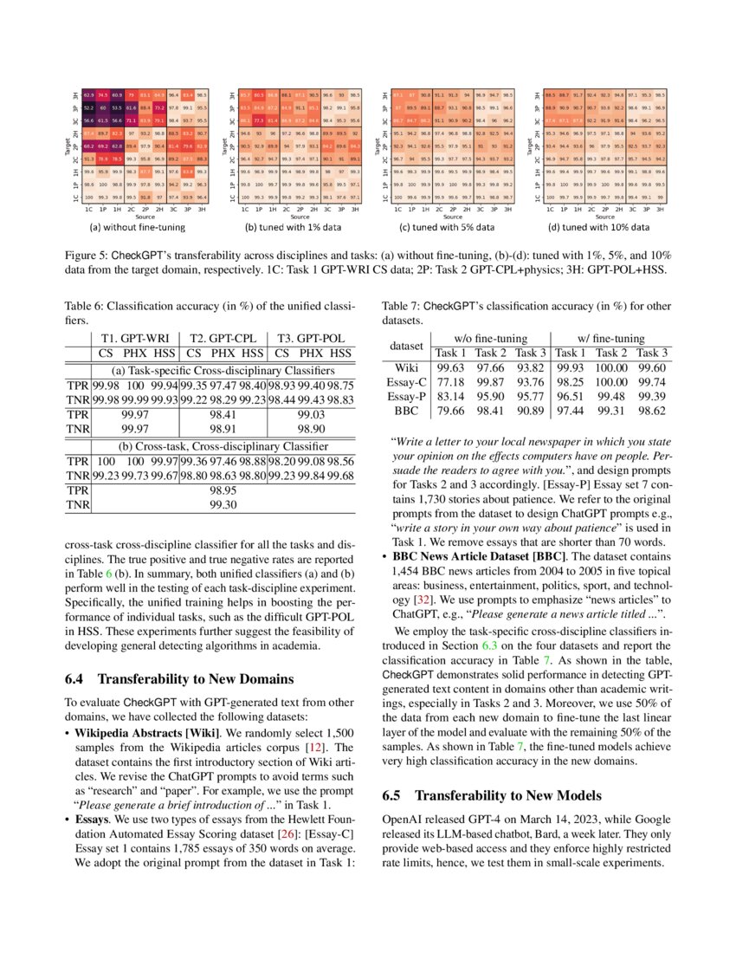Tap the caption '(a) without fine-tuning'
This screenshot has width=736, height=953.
138,228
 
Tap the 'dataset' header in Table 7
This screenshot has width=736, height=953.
406,345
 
